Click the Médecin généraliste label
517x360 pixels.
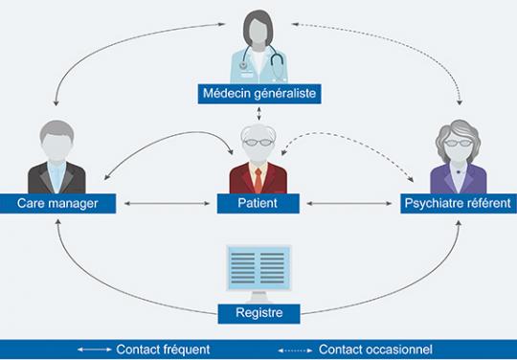tap(259, 93)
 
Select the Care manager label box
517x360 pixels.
tap(58, 203)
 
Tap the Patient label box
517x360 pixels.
tap(258, 203)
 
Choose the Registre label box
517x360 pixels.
tap(258, 312)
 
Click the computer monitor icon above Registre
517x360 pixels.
tap(258, 267)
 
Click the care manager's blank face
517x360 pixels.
tap(59, 144)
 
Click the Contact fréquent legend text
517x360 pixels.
tap(163, 349)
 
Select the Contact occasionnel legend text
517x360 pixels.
tap(375, 349)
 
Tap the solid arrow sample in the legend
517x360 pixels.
tap(94, 349)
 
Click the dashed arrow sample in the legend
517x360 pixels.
tap(295, 349)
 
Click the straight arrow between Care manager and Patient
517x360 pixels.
tap(164, 203)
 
